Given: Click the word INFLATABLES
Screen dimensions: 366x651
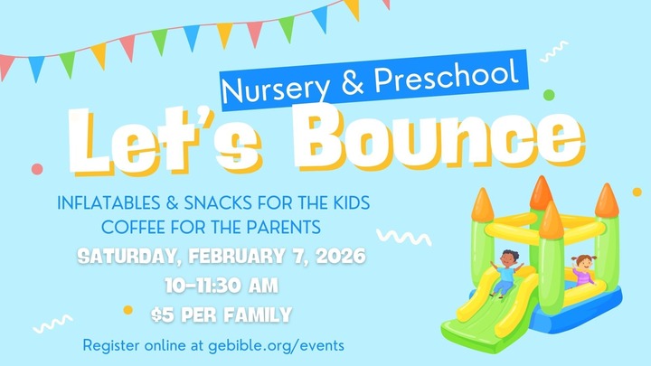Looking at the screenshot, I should (112, 200).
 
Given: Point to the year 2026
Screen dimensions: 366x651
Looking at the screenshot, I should (341, 257).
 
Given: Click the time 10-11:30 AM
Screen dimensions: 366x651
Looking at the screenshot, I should (222, 286).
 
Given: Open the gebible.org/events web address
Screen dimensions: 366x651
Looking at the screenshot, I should (285, 346).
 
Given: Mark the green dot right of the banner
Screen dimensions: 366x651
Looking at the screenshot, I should (548, 94).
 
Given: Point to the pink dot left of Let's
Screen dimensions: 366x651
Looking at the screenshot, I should (36, 168).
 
